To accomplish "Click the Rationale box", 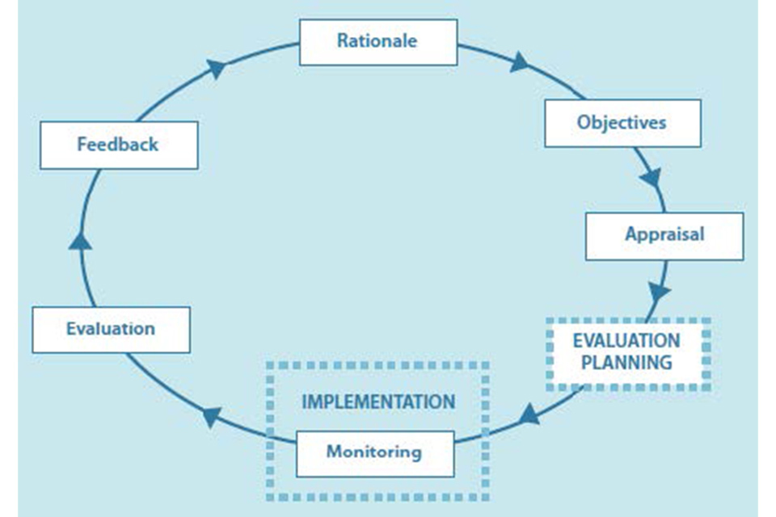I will point(377,42).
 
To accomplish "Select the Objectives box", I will point(622,123).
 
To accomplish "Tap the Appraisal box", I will point(664,235).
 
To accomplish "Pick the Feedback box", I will point(119,145).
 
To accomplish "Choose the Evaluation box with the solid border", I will point(111,330).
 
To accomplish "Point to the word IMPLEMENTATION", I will point(378,401).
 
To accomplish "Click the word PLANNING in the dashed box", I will point(627,362).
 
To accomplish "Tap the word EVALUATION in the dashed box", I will point(627,340).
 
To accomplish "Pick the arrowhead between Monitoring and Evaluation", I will point(211,416).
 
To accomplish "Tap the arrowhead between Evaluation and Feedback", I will point(80,240).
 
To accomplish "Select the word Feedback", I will point(118,145).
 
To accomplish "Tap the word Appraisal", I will point(664,234).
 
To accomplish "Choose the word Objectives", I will point(622,123).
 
